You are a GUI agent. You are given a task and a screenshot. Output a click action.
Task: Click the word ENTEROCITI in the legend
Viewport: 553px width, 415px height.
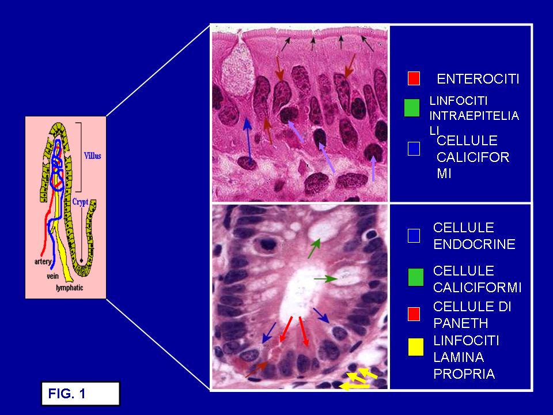click(478, 79)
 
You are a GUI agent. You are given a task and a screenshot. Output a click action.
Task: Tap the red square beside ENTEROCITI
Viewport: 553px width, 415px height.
click(414, 78)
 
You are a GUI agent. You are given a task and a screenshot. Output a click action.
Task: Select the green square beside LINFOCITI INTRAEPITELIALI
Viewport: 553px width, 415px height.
click(411, 108)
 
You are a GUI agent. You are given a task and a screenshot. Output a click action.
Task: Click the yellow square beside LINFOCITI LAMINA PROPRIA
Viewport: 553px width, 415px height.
click(415, 346)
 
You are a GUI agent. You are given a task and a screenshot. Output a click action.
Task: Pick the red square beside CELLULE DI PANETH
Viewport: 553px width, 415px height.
click(414, 314)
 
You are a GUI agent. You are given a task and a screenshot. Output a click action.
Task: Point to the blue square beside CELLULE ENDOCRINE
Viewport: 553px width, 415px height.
click(414, 235)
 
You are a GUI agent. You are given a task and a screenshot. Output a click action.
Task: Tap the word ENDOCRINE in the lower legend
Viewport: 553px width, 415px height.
click(474, 244)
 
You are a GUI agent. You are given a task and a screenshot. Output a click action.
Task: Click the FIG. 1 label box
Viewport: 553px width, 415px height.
click(81, 394)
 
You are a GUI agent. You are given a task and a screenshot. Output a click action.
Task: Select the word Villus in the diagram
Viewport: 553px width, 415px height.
click(92, 156)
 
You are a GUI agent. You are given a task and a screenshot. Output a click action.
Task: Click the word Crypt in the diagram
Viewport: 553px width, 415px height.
click(80, 202)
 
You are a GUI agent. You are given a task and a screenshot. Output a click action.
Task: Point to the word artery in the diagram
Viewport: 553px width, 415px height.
click(43, 262)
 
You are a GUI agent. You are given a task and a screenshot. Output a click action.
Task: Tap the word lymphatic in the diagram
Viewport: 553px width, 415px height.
click(70, 288)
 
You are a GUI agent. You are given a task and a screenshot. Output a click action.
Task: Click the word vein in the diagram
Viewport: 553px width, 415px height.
click(53, 276)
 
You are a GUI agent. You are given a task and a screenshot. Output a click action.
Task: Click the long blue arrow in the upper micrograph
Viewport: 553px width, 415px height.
click(248, 141)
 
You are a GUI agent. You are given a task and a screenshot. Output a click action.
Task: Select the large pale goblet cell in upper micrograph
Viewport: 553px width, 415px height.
click(238, 69)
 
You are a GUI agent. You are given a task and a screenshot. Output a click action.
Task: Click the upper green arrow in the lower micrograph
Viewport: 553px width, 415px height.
click(315, 248)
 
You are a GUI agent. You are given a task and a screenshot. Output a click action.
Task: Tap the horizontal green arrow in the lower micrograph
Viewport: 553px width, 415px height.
click(325, 279)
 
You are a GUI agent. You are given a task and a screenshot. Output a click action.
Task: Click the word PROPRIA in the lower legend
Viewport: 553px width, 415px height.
click(464, 373)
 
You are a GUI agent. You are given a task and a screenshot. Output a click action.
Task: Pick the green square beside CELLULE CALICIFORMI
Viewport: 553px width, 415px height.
click(415, 277)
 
